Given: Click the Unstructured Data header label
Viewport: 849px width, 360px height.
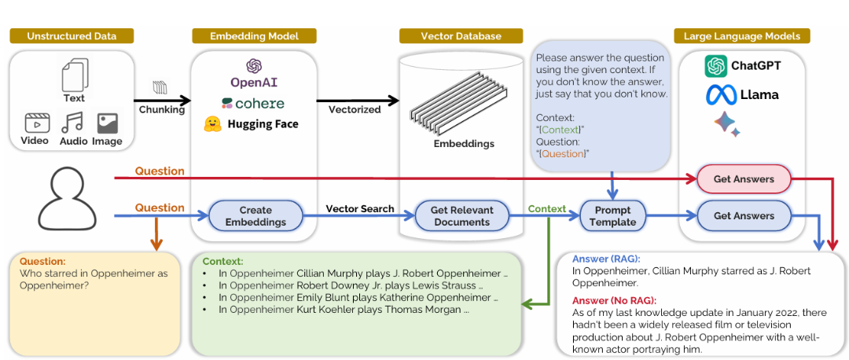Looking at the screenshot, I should (x=71, y=36).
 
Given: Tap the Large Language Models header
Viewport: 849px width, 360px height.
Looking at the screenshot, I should (x=741, y=36).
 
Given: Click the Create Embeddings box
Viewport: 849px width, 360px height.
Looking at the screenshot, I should (x=255, y=216).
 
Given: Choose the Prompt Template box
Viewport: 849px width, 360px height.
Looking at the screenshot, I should (x=612, y=216).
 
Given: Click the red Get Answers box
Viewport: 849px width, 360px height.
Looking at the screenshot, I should (x=743, y=179).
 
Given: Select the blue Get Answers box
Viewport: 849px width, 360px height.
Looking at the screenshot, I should (x=743, y=215).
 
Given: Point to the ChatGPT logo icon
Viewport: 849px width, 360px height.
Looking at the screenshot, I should (x=715, y=66).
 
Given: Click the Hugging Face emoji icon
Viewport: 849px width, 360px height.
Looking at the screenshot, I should (x=211, y=123).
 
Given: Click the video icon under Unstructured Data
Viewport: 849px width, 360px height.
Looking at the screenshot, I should (x=37, y=123).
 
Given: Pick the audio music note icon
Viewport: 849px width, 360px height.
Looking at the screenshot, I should (x=72, y=123).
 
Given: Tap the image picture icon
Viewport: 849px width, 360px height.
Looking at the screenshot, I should (x=107, y=123).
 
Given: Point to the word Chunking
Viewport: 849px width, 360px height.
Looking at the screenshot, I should (x=161, y=110).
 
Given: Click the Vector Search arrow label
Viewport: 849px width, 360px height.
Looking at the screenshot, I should (x=360, y=208).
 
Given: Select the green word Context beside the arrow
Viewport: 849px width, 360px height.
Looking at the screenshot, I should (x=547, y=208).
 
